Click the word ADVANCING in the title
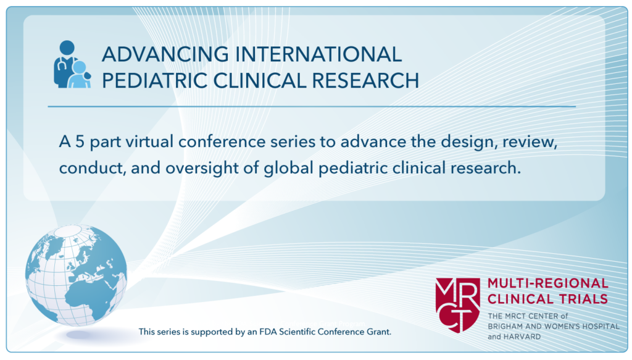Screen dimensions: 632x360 click(x=165, y=54)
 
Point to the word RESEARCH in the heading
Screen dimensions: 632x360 click(x=365, y=80)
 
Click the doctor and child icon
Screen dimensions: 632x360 click(x=73, y=64)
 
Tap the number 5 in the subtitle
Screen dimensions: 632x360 click(x=80, y=142)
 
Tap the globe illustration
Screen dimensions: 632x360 click(x=76, y=275)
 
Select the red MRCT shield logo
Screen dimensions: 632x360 click(x=457, y=305)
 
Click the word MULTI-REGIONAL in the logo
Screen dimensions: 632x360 click(x=548, y=283)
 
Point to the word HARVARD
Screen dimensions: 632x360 click(x=522, y=337)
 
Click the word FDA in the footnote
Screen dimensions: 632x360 click(x=268, y=332)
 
